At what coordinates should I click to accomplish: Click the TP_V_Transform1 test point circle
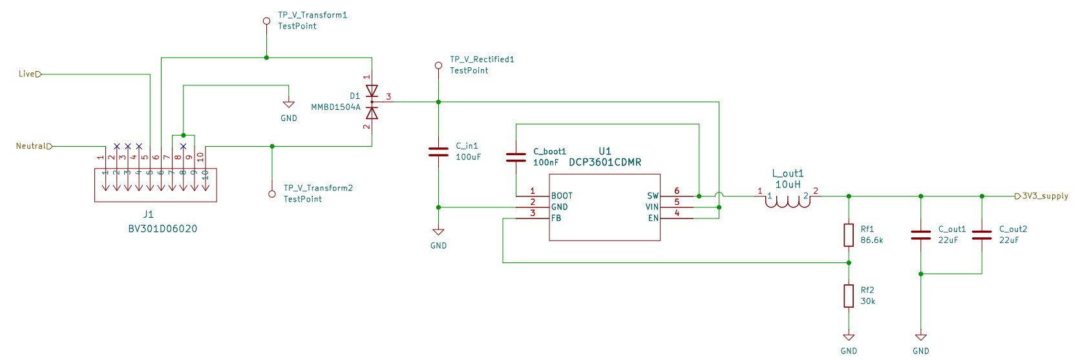(x=266, y=21)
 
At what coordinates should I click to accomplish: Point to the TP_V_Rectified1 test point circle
(x=438, y=65)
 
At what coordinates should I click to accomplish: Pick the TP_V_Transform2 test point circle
(x=272, y=194)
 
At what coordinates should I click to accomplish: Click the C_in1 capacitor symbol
(x=438, y=152)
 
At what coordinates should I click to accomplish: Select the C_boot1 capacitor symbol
(x=516, y=157)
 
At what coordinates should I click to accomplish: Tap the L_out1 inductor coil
(x=788, y=202)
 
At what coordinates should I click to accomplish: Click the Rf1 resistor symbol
(x=849, y=235)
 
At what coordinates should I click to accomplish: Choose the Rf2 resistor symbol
(x=849, y=295)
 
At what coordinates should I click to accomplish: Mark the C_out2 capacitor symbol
(x=982, y=235)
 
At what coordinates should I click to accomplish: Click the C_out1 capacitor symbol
(x=920, y=235)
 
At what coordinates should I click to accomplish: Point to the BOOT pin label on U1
(x=562, y=196)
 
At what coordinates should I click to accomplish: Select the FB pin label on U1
(x=556, y=218)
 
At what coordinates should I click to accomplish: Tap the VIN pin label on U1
(x=652, y=207)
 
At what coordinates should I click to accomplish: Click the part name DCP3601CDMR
(x=605, y=162)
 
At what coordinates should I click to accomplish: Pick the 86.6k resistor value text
(x=872, y=240)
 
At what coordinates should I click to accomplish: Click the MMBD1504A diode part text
(x=335, y=107)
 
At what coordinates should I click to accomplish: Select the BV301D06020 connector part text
(x=162, y=228)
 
